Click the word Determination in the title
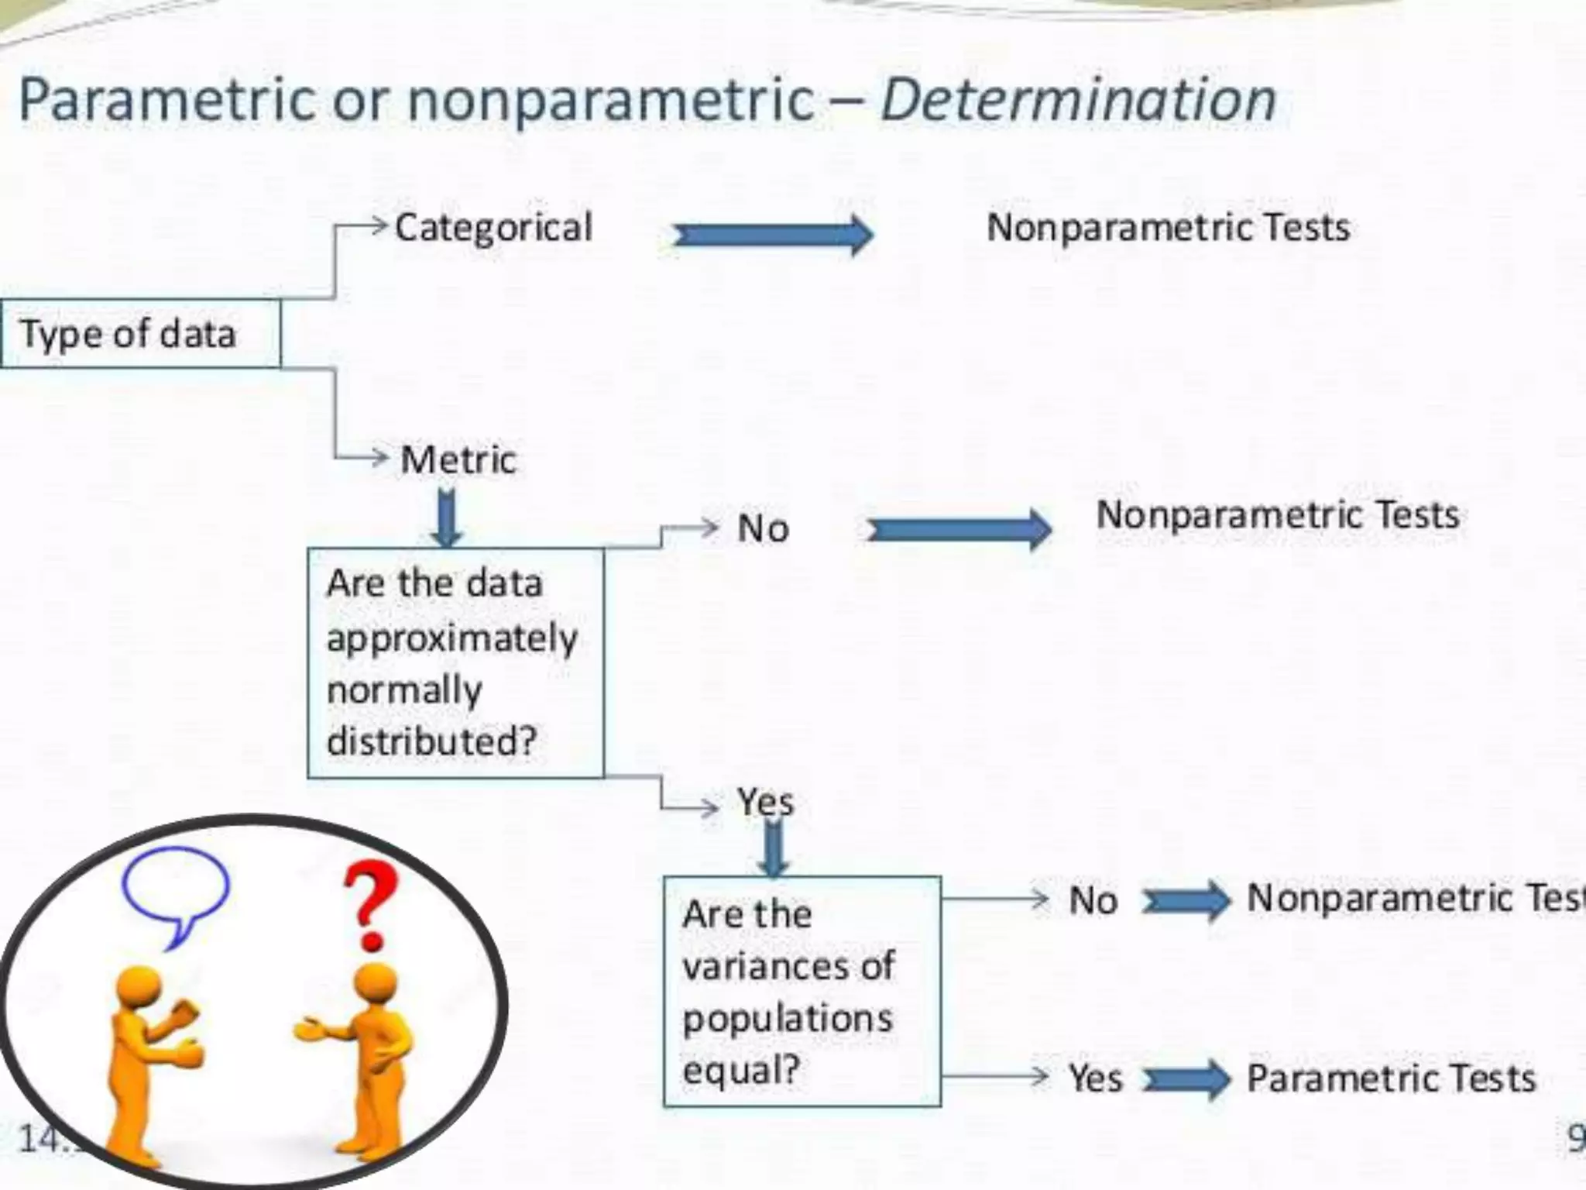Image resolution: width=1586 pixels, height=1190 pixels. (1078, 101)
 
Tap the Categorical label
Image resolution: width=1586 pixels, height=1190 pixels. (493, 228)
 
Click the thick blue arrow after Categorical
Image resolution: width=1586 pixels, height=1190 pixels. (773, 235)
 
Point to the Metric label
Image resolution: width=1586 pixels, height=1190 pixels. (458, 459)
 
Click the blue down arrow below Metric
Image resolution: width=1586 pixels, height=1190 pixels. (447, 518)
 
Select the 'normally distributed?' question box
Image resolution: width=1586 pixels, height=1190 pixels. (455, 663)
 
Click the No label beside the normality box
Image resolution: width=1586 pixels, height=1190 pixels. (763, 529)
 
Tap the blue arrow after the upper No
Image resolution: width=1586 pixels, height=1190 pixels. (959, 530)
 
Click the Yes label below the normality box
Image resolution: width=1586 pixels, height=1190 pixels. (765, 801)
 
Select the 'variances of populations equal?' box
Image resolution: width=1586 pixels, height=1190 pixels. (802, 992)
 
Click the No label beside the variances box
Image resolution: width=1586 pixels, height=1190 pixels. (1093, 901)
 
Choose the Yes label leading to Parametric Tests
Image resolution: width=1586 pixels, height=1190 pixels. (1095, 1078)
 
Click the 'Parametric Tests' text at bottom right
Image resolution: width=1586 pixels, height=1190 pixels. (1391, 1078)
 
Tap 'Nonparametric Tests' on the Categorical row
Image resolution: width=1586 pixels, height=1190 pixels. (1168, 228)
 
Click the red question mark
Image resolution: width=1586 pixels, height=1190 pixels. (371, 906)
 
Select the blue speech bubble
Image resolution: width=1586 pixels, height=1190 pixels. (177, 891)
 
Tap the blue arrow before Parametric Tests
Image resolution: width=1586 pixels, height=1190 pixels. (1186, 1079)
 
